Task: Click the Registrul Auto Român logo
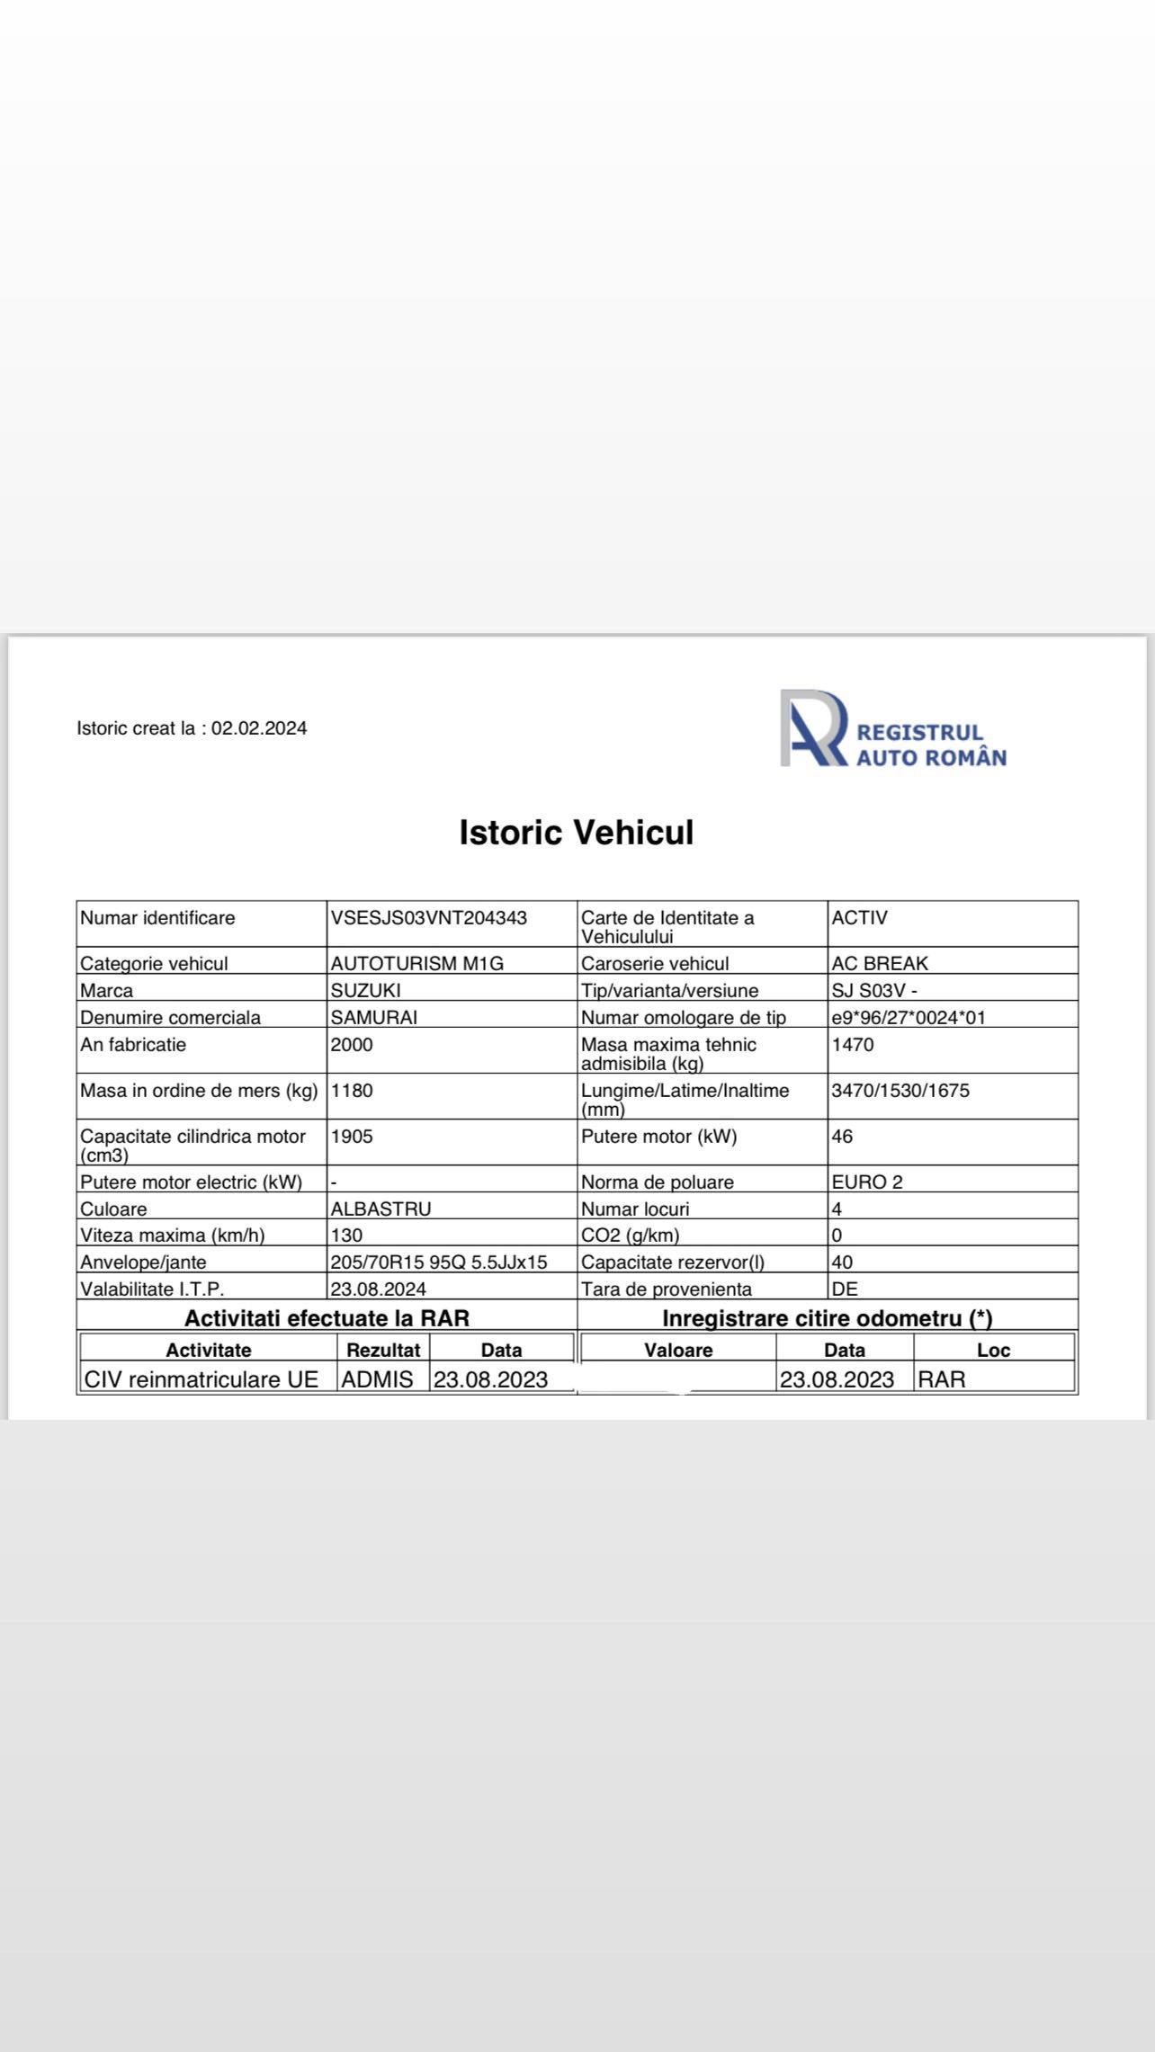[892, 729]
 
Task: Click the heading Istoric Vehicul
[577, 832]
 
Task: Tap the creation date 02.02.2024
[259, 728]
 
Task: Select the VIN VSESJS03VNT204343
[429, 918]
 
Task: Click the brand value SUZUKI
[366, 990]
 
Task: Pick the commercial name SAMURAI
[374, 1017]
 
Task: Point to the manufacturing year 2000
[352, 1045]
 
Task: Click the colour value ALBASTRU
[381, 1209]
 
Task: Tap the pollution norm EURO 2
[867, 1182]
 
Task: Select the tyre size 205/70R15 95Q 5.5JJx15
[439, 1262]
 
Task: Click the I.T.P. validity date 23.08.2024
[379, 1289]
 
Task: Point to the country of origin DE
[845, 1289]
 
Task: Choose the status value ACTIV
[859, 918]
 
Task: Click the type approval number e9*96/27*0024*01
[909, 1017]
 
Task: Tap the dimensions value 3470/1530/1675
[900, 1091]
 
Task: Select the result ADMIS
[378, 1379]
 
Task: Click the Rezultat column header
[384, 1350]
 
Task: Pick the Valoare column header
[678, 1350]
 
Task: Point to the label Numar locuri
[635, 1209]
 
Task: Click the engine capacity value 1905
[352, 1137]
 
